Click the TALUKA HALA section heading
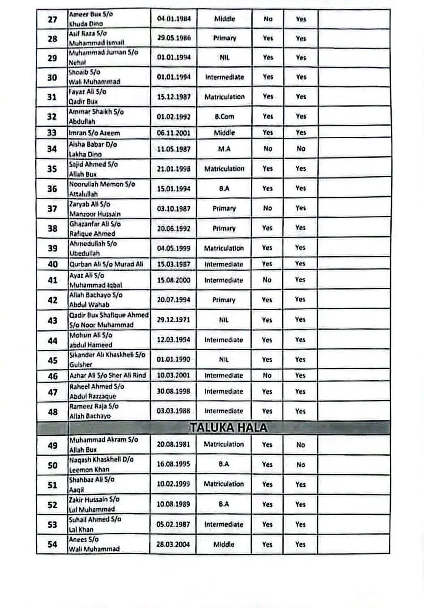229,428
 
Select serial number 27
52,19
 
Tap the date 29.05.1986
173,38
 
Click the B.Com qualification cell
224,117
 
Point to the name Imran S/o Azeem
94,133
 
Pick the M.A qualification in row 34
224,149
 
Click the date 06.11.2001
173,133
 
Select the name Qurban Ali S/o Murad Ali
106,264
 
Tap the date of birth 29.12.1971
173,320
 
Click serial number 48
53,412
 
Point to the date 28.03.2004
173,544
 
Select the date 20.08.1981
173,444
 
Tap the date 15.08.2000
173,280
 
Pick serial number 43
53,320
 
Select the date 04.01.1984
173,19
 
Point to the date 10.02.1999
173,484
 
